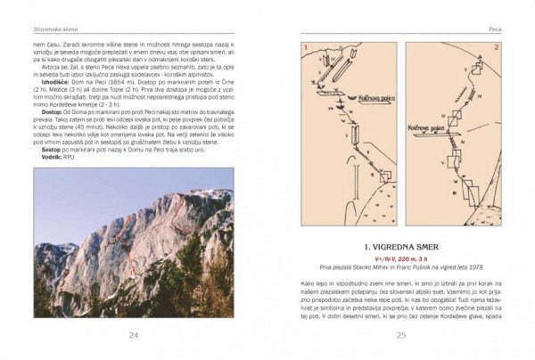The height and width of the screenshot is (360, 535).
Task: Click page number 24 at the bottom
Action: click(x=134, y=335)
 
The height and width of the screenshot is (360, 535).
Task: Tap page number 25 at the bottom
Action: click(x=401, y=335)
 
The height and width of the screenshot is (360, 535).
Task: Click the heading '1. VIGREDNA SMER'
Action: click(x=401, y=245)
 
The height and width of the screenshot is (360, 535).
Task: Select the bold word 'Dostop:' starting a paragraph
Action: click(x=56, y=111)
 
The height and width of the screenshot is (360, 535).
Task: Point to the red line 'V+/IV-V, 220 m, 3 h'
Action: click(x=401, y=257)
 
